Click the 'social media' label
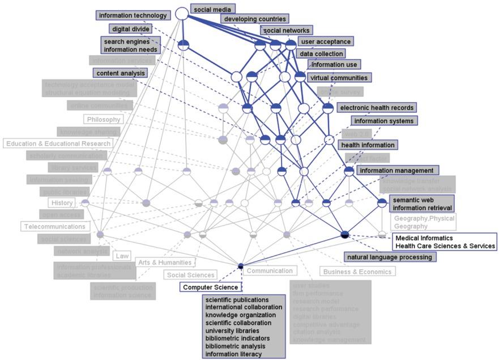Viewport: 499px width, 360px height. pos(212,10)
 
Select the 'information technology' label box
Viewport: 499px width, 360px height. pos(133,15)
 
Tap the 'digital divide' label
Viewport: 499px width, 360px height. pos(130,29)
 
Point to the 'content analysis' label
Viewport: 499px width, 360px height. pos(121,73)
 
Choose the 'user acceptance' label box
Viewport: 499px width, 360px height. pos(326,41)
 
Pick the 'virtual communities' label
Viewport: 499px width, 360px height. pos(338,78)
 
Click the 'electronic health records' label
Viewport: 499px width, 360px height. pos(376,107)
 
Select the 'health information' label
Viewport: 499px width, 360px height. pos(368,145)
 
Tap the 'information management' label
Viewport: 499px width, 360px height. pos(396,170)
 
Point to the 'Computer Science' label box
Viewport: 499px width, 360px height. pos(211,287)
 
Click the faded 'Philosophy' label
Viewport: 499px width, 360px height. pos(104,120)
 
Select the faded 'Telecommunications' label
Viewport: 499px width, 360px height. pos(55,226)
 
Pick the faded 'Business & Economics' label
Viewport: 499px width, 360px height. pos(357,272)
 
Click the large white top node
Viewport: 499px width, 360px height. pos(181,13)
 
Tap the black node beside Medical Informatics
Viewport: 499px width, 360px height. pos(345,234)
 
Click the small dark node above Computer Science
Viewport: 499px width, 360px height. pos(241,266)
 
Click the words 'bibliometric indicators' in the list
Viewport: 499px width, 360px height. pos(237,338)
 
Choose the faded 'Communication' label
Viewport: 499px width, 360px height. pos(270,271)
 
